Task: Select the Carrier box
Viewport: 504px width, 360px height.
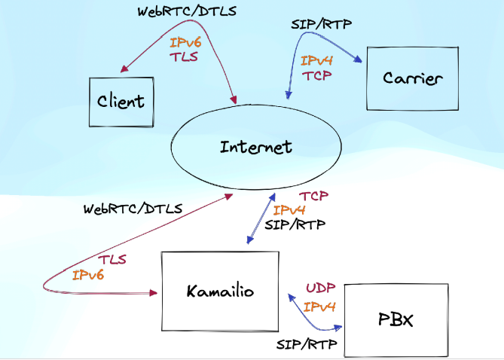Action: (411, 78)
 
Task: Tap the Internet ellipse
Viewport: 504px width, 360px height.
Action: (255, 147)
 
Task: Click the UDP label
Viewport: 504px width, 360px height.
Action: (319, 288)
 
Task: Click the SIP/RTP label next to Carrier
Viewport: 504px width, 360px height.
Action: (321, 24)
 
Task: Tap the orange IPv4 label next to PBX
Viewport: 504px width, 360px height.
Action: (319, 307)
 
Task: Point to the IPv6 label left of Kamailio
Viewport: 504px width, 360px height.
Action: (87, 275)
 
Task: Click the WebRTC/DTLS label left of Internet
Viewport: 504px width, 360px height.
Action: (133, 208)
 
